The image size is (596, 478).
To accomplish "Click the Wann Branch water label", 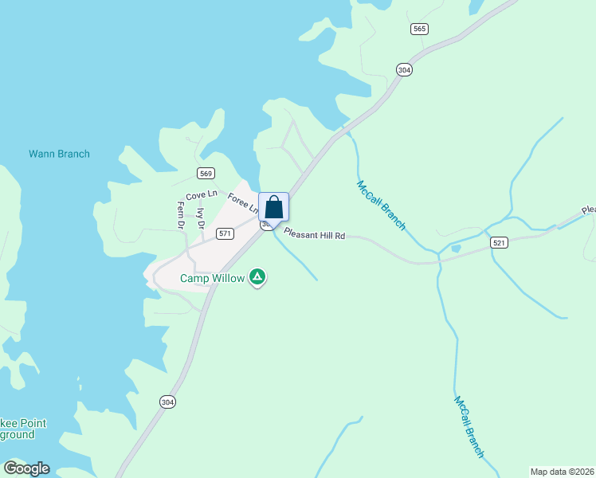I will click(x=59, y=154).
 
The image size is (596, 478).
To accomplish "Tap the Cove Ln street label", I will click(x=201, y=195).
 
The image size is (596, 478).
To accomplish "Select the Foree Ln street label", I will click(x=242, y=202).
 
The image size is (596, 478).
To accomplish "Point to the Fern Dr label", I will click(x=181, y=214).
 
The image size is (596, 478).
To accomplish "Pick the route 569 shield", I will click(x=206, y=174).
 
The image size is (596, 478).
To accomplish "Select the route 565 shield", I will click(x=420, y=29).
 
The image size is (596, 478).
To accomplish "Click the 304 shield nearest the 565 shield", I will click(x=404, y=70).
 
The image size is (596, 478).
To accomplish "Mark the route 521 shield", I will click(x=500, y=242).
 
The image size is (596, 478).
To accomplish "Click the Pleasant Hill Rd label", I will click(x=315, y=236).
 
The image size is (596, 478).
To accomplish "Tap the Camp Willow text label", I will click(x=212, y=278).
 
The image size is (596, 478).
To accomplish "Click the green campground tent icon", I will click(x=257, y=277).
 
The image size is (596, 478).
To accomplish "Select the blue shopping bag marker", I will click(x=273, y=207).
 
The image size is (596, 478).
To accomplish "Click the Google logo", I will click(x=26, y=468).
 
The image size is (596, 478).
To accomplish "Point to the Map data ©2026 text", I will click(x=562, y=471).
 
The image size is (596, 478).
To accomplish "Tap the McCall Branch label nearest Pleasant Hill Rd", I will click(x=381, y=206).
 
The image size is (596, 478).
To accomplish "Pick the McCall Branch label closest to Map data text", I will click(x=469, y=427).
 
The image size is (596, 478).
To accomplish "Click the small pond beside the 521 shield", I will click(x=455, y=249).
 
